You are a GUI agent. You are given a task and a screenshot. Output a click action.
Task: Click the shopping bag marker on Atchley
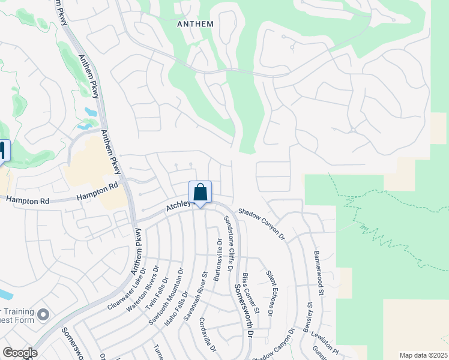200,193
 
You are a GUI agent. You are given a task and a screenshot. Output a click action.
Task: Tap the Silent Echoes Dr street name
270,293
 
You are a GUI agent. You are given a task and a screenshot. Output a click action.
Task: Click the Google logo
20,353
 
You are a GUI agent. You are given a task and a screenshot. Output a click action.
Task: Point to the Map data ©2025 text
423,355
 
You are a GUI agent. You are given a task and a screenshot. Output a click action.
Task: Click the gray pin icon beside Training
43,314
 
